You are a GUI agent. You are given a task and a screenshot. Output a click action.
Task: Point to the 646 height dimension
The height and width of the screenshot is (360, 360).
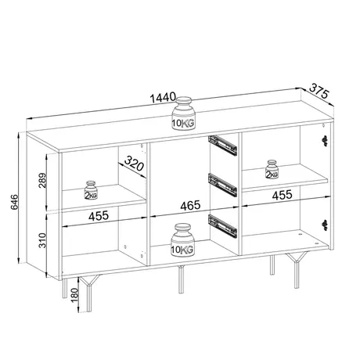[9, 206]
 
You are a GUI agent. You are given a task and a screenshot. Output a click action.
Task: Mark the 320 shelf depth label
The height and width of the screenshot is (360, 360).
[134, 165]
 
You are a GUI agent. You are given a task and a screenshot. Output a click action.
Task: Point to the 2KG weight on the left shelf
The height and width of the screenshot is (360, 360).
[92, 190]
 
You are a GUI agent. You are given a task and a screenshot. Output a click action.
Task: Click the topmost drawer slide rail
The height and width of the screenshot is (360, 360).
[221, 142]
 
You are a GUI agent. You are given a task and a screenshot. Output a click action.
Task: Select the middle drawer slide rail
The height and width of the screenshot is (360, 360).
[221, 184]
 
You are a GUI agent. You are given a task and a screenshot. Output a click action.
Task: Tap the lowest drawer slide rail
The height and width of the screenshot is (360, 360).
[221, 225]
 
